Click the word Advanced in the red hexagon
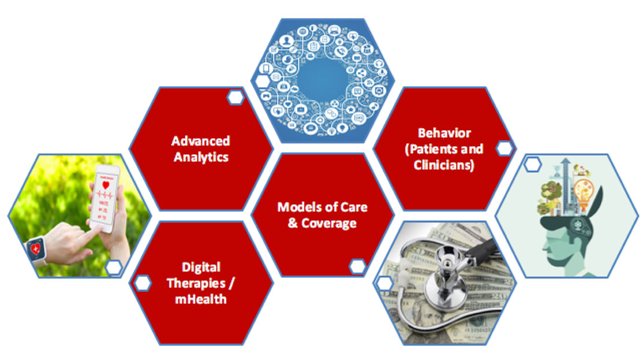click(x=200, y=141)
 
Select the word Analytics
click(x=201, y=157)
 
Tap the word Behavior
click(x=444, y=133)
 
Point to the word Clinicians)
click(x=444, y=165)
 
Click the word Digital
click(x=201, y=267)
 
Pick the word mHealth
click(x=200, y=299)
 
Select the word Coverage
click(x=329, y=223)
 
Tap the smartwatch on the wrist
click(x=36, y=249)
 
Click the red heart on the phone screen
click(x=105, y=185)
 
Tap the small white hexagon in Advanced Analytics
click(x=235, y=97)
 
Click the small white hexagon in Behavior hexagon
click(x=504, y=148)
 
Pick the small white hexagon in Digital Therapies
click(x=143, y=283)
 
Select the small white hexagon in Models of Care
click(x=357, y=267)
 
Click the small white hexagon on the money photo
click(x=384, y=283)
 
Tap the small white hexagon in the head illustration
click(x=532, y=164)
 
